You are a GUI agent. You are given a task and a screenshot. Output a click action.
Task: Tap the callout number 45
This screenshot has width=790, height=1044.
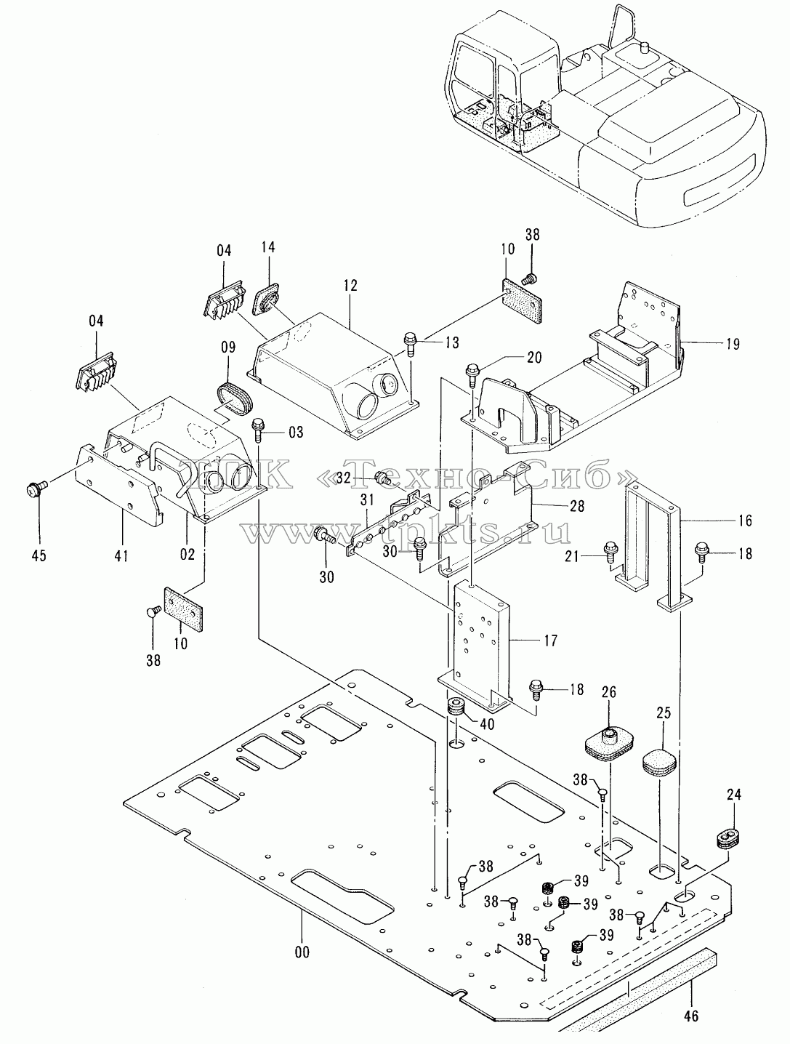pos(39,555)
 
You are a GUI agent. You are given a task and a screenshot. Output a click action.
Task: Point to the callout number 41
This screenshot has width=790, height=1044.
pos(121,554)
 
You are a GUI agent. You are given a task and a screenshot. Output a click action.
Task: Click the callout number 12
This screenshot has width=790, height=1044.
pos(350,286)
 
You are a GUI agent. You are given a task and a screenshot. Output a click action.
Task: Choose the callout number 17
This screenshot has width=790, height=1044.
pos(550,641)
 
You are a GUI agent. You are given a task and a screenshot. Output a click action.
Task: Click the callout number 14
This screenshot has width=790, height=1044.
pos(268,247)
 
